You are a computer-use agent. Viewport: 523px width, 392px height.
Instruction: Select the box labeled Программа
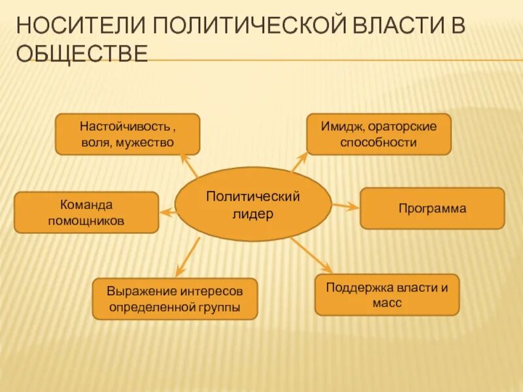[432, 208]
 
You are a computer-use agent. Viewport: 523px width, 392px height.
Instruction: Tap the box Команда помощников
[86, 212]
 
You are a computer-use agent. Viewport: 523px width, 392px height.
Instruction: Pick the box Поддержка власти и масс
[387, 295]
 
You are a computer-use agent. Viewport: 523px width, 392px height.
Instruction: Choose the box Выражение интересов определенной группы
[175, 299]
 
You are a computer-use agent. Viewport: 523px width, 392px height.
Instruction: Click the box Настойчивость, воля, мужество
[127, 134]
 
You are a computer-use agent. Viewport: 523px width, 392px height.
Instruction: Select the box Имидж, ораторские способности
[379, 134]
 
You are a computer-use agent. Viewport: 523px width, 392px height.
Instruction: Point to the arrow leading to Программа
[345, 206]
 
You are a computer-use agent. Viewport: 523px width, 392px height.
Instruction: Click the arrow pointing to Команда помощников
[169, 211]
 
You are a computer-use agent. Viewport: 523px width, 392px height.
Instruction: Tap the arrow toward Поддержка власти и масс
[312, 254]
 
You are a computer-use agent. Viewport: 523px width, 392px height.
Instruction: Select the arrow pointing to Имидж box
[299, 162]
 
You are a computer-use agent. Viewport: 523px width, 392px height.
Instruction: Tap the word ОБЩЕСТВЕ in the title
[82, 54]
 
